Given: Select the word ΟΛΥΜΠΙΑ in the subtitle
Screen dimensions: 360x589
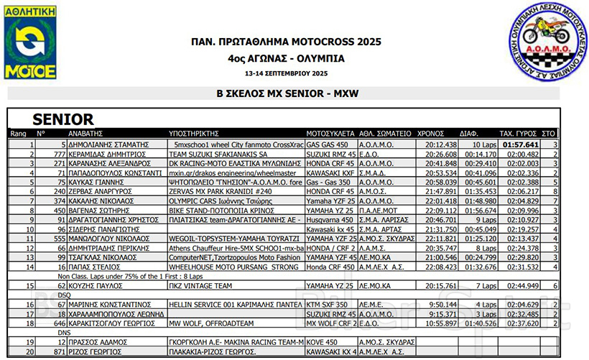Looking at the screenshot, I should coord(319,58).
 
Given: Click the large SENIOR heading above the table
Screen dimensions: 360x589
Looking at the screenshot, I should coord(63,119).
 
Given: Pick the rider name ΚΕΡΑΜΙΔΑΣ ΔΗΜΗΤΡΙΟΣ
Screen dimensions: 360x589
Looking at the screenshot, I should coord(106,154).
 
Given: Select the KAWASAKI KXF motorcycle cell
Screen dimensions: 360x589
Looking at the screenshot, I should coord(328,172).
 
